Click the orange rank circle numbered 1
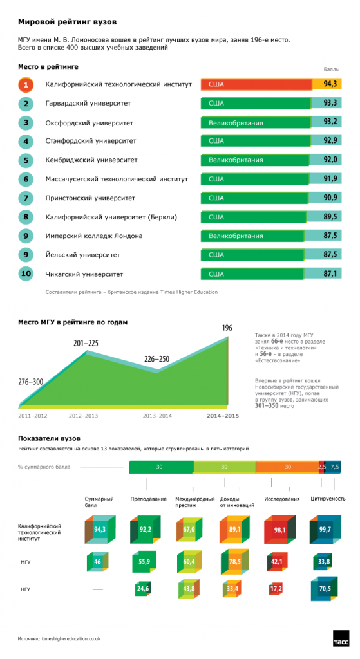click(26, 85)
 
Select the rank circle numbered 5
click(26, 160)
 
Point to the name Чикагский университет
click(84, 274)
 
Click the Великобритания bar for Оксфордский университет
click(256, 123)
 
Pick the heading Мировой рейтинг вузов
click(67, 22)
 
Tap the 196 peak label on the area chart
click(227, 328)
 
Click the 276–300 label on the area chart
click(31, 382)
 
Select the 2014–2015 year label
click(222, 416)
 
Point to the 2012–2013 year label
click(83, 416)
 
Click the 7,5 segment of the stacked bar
click(333, 467)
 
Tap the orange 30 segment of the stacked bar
click(287, 467)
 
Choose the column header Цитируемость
click(328, 499)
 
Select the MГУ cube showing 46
click(98, 562)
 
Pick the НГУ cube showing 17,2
click(276, 589)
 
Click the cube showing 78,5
click(234, 562)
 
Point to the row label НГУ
click(25, 589)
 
